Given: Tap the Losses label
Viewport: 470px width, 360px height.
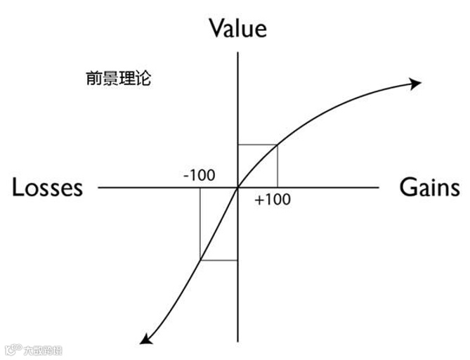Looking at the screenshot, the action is (x=47, y=188).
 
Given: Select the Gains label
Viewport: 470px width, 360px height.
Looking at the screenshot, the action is (x=430, y=188).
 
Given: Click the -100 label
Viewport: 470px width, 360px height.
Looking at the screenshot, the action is (x=200, y=174).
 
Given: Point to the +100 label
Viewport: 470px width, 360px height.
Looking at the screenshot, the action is (x=273, y=200).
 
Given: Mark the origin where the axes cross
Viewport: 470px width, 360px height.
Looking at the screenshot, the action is (x=239, y=188).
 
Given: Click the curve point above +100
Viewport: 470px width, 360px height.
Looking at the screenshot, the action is (x=278, y=145).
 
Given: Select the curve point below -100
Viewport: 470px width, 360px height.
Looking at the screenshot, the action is (x=200, y=260).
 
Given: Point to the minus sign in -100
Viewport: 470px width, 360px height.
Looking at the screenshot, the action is (x=186, y=175).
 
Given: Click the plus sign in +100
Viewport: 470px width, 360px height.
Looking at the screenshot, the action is (x=259, y=200).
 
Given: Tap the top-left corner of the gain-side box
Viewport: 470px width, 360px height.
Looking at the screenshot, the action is (x=239, y=145).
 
